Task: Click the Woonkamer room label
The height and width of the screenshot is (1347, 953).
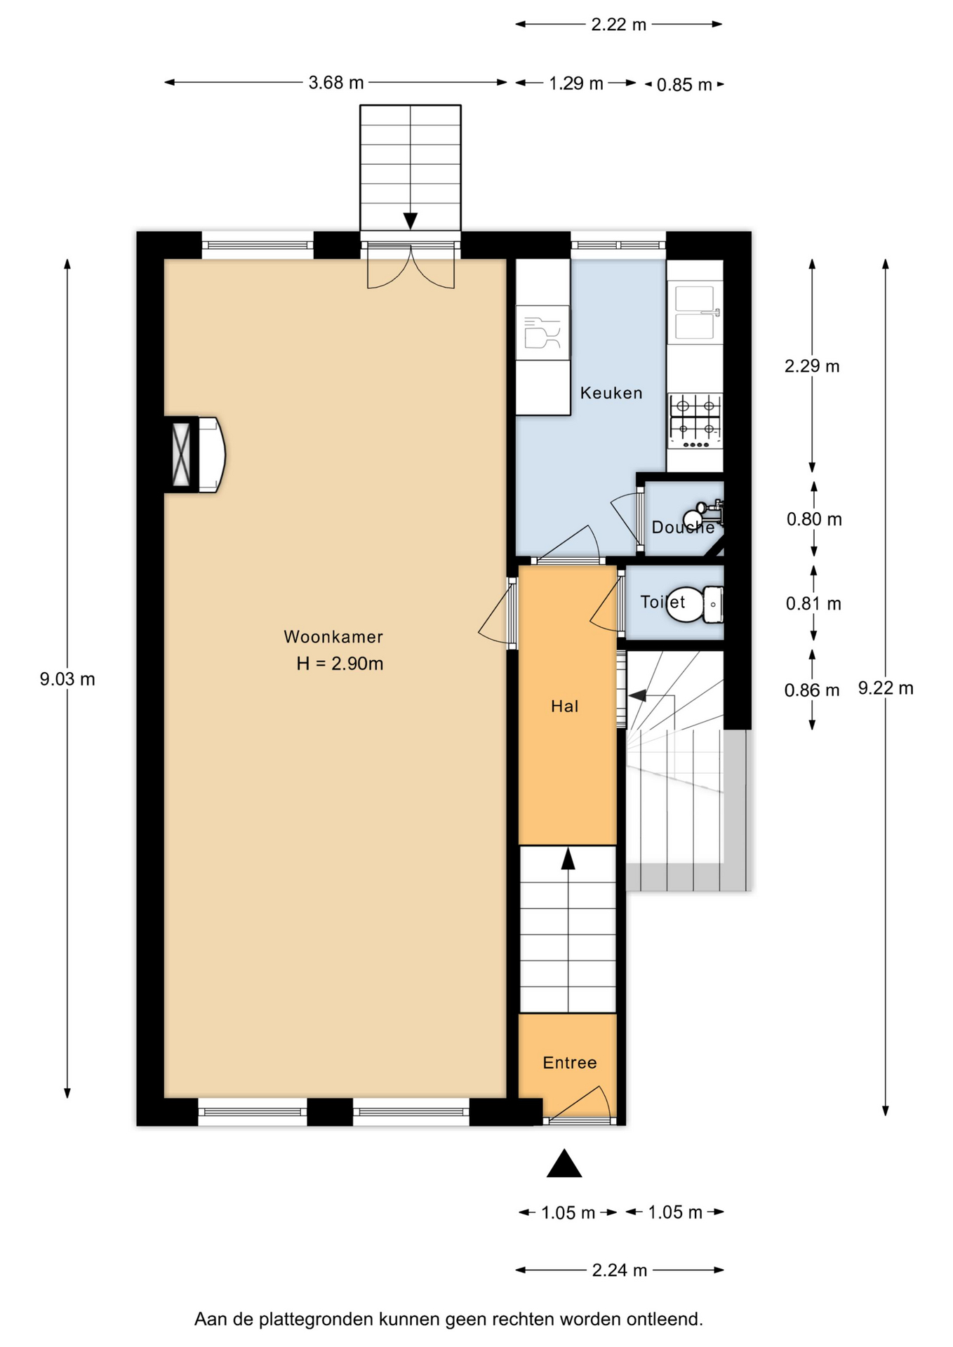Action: coord(333,636)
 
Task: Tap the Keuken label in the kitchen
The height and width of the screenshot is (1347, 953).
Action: coord(611,393)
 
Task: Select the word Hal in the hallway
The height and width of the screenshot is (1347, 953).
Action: coord(565,706)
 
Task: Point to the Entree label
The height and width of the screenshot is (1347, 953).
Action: coord(570,1062)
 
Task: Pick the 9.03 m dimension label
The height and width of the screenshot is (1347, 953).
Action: coord(67,679)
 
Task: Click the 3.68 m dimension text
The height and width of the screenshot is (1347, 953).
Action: coord(336,83)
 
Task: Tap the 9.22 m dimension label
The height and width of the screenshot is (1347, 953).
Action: coord(886,688)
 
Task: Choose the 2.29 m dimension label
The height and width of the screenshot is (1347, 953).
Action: coord(812,366)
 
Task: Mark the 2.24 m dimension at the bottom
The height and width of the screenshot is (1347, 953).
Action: coord(620,1271)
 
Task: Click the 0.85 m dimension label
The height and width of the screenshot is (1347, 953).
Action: coord(684,85)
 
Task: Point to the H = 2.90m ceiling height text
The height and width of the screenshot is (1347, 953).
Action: coord(340,664)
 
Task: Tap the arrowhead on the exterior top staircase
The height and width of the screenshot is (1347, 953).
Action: coord(411,221)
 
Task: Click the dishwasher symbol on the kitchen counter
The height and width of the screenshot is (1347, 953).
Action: coord(542,333)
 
